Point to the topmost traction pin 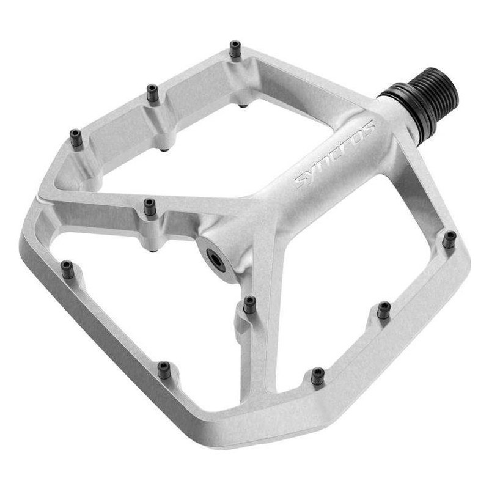tap(235, 48)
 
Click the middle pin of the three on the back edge tap(152, 92)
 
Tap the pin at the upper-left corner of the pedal tap(76, 138)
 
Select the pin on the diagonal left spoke tap(150, 207)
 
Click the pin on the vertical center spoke tap(249, 304)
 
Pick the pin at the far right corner tap(449, 238)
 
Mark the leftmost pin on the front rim tap(67, 268)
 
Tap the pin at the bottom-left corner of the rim tap(164, 369)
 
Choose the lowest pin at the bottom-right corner tap(317, 375)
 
